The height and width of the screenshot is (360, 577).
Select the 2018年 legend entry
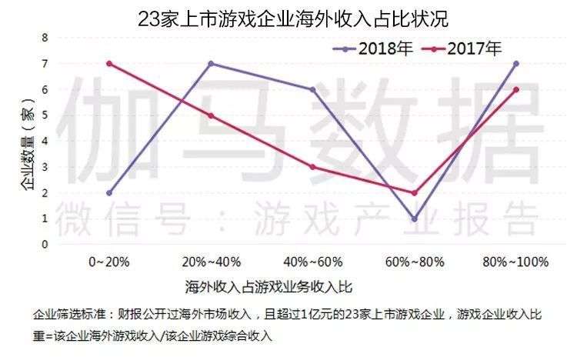click(375, 48)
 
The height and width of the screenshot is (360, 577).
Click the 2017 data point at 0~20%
click(109, 63)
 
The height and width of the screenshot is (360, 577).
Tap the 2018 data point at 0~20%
click(109, 193)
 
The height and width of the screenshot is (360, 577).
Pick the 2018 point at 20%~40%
click(211, 63)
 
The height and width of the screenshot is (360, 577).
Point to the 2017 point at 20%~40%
click(211, 115)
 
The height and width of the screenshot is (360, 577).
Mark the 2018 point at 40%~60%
click(312, 89)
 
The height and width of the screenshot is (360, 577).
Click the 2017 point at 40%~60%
click(312, 167)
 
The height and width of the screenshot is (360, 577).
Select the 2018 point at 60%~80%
click(414, 219)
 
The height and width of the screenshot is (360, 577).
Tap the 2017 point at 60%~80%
click(414, 193)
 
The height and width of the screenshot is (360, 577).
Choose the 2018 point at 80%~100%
click(516, 63)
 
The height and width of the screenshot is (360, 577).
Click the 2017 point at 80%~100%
click(516, 89)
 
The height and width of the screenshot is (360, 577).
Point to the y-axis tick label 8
click(45, 37)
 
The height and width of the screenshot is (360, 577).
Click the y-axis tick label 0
click(45, 245)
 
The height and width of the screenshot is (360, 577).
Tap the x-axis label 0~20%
click(109, 262)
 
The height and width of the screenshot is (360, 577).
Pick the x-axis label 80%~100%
click(516, 262)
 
